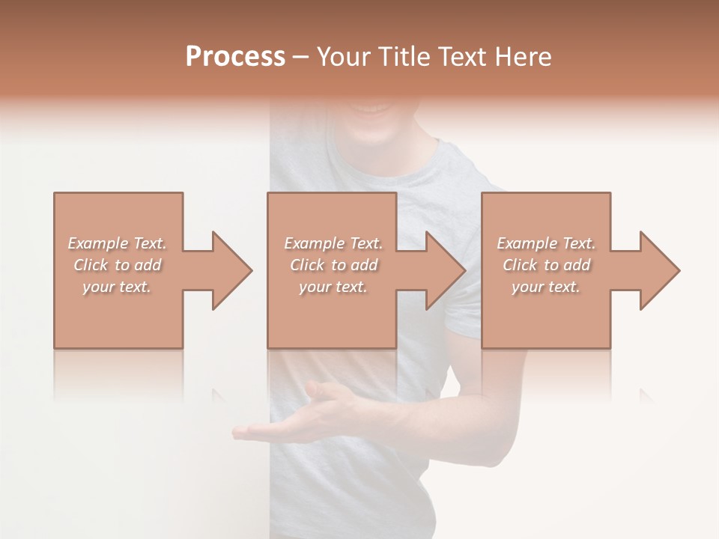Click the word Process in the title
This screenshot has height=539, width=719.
235,56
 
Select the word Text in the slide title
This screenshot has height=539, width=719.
466,56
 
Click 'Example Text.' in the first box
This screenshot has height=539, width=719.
117,243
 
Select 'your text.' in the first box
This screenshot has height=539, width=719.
117,287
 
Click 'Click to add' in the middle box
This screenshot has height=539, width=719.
333,265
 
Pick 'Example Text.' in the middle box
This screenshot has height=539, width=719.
333,243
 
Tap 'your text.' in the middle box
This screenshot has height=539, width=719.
333,287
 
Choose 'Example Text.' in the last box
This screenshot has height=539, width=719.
546,243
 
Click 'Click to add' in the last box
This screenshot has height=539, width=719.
546,265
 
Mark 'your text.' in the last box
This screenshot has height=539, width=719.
546,287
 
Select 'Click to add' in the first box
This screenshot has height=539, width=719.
117,265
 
